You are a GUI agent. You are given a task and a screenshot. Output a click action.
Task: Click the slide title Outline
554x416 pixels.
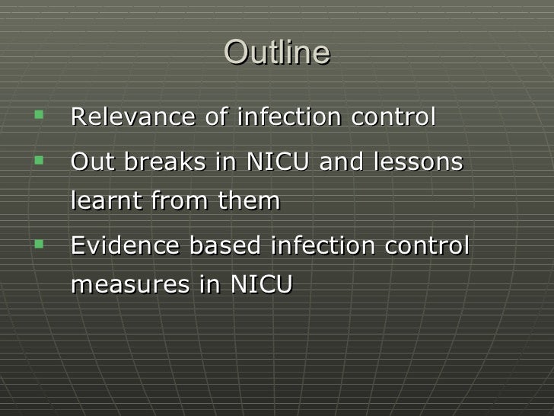(x=277, y=54)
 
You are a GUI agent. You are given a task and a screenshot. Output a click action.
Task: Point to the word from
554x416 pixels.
(x=177, y=202)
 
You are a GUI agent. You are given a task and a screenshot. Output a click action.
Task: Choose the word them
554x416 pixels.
(x=249, y=202)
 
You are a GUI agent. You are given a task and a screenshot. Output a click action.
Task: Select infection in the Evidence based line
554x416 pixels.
(x=308, y=246)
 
